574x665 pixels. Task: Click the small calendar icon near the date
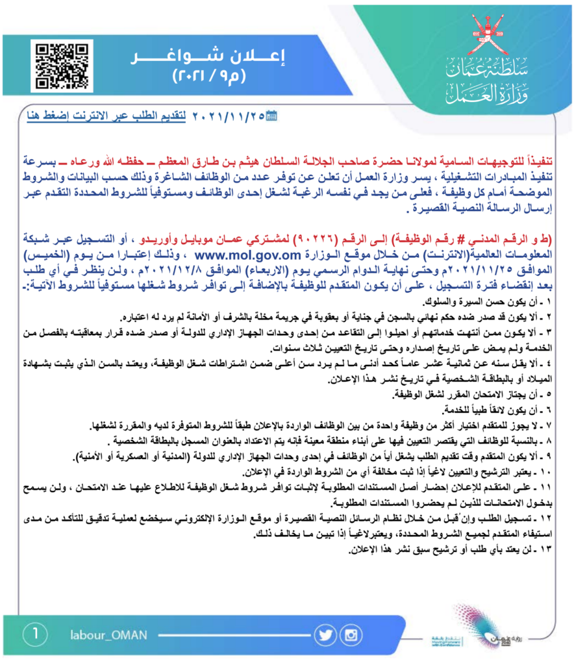tap(271, 117)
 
